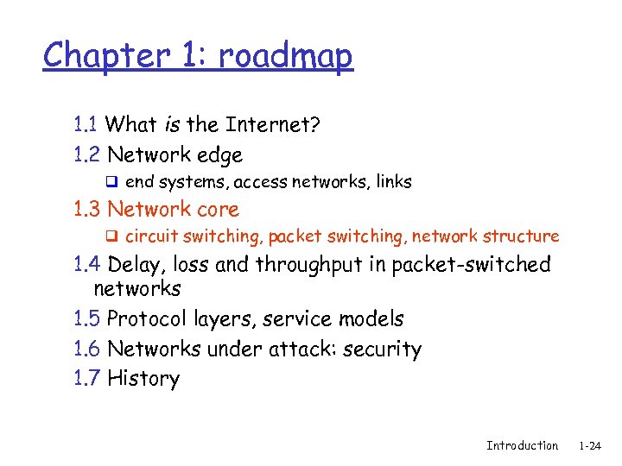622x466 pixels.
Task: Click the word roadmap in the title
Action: [285, 57]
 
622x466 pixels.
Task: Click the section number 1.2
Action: [87, 155]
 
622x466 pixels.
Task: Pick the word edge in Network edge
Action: [219, 156]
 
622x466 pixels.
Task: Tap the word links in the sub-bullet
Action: [392, 182]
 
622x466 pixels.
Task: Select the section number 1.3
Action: [87, 209]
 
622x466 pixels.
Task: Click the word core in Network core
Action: [218, 209]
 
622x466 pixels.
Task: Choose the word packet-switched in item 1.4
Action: [471, 265]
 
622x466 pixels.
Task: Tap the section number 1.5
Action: [87, 319]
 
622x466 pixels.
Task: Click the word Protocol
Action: [145, 320]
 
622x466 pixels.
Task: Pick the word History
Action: [143, 379]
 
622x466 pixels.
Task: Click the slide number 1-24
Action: [590, 446]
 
